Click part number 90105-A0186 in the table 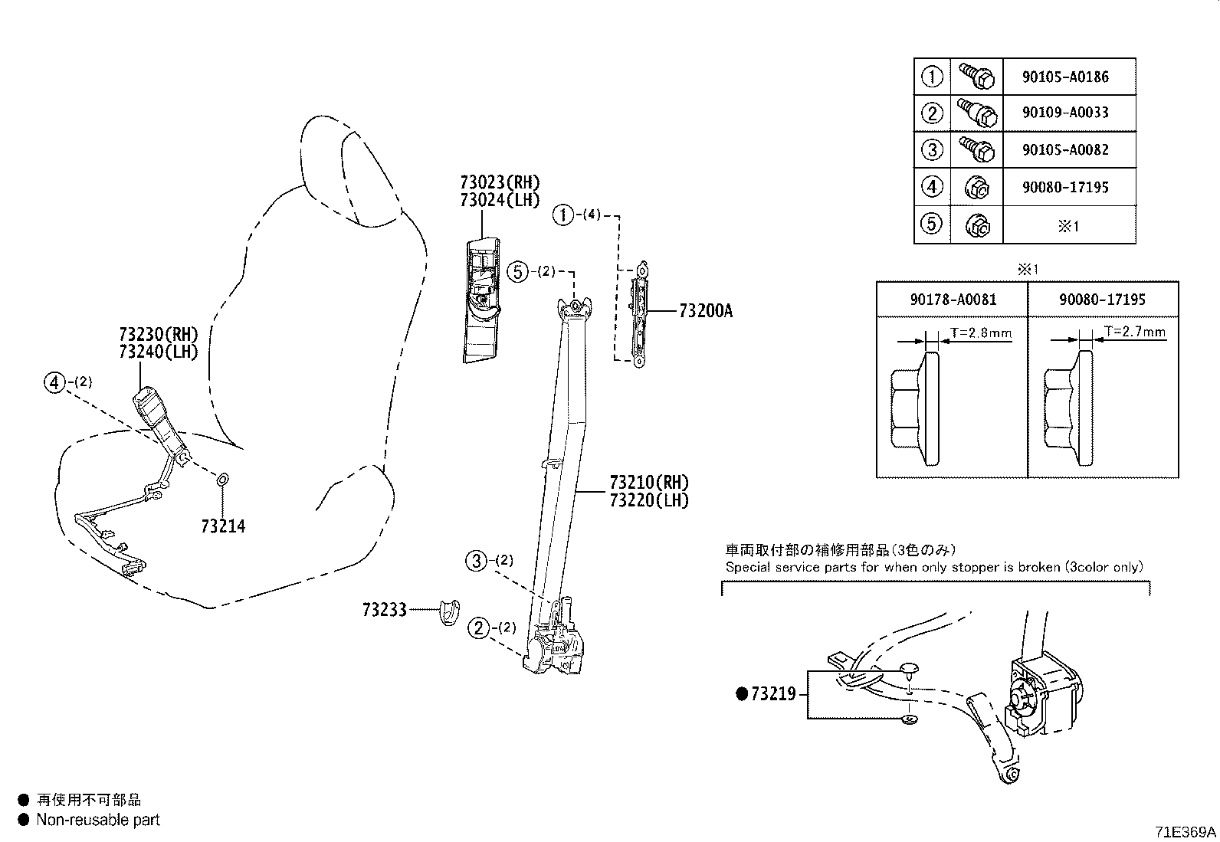click(x=1065, y=77)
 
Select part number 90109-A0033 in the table click(x=1065, y=113)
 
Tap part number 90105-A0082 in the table click(x=1065, y=149)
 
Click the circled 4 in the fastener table click(x=932, y=187)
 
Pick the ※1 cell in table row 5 click(x=1068, y=226)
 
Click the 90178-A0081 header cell click(x=953, y=300)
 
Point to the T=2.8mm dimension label click(x=981, y=333)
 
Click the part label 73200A click(x=705, y=311)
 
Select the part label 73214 click(x=223, y=526)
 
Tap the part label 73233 click(x=385, y=610)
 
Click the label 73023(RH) click(x=500, y=182)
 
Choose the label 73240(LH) click(x=159, y=352)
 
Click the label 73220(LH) click(x=649, y=500)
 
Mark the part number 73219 click(x=774, y=694)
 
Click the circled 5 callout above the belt click(x=518, y=271)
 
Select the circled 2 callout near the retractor click(x=478, y=628)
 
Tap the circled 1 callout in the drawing click(x=563, y=215)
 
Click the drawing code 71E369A click(x=1186, y=832)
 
